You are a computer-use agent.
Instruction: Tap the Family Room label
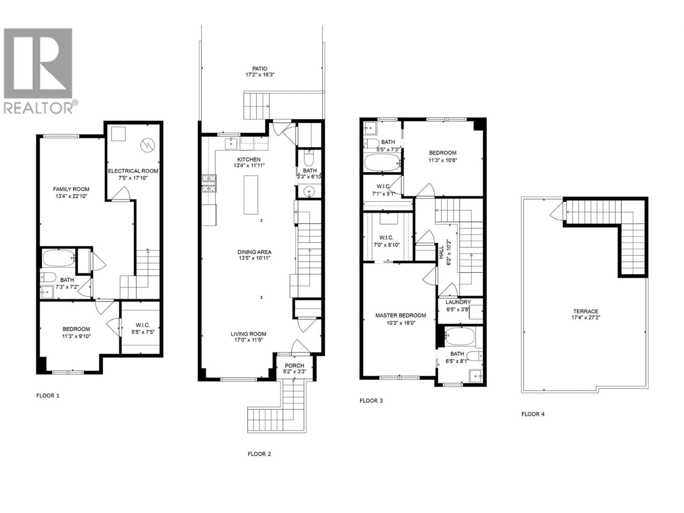pyautogui.click(x=71, y=189)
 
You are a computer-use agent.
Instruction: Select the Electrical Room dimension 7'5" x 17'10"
pyautogui.click(x=133, y=178)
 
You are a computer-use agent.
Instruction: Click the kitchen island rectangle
pyautogui.click(x=251, y=195)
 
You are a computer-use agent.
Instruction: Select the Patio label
pyautogui.click(x=259, y=68)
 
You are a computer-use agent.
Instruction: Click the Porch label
pyautogui.click(x=294, y=366)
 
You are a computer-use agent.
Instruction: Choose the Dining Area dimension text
pyautogui.click(x=254, y=258)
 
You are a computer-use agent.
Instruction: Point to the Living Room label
pyautogui.click(x=248, y=334)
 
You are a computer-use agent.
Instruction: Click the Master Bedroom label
pyautogui.click(x=400, y=315)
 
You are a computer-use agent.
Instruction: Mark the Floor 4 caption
pyautogui.click(x=533, y=414)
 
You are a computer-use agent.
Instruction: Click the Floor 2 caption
pyautogui.click(x=259, y=454)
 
